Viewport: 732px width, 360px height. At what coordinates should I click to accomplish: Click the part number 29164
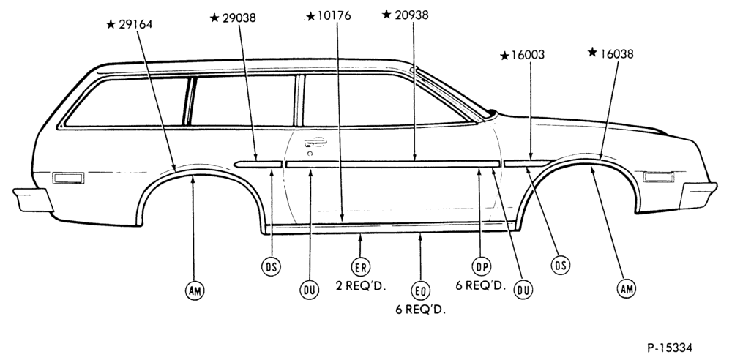point(135,24)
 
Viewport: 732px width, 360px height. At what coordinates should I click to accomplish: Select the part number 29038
point(239,18)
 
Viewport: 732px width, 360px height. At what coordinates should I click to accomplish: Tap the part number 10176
point(335,16)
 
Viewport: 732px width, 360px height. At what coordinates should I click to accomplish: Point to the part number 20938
point(411,15)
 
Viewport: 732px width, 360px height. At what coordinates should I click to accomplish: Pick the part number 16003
point(528,55)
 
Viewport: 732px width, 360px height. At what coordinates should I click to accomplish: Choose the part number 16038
point(616,53)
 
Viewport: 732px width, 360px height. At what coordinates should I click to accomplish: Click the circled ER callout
point(360,267)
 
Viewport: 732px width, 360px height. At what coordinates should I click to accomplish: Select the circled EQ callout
point(420,291)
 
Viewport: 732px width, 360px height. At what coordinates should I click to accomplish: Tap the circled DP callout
point(481,266)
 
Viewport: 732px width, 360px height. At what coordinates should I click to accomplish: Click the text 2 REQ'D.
point(361,285)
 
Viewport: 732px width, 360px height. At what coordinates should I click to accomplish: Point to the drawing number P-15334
point(670,348)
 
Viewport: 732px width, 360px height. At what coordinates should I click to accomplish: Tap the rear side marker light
point(68,178)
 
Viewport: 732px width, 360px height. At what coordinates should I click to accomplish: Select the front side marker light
point(658,177)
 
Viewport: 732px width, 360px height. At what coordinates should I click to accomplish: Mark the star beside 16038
point(592,52)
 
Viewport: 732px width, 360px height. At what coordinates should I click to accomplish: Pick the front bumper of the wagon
point(698,195)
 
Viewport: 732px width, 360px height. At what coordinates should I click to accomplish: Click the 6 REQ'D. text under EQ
point(421,310)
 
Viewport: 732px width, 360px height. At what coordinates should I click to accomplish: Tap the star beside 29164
point(111,24)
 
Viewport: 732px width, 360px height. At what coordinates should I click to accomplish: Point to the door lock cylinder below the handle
point(309,153)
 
